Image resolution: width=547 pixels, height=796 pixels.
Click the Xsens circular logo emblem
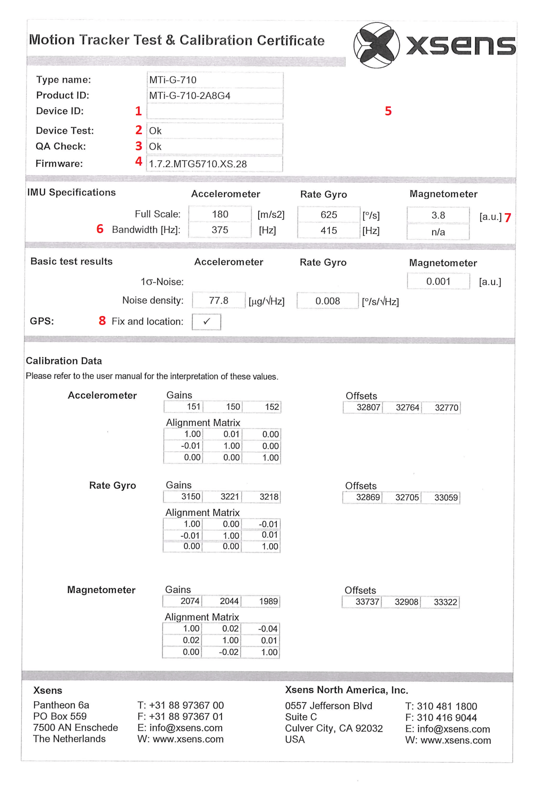pyautogui.click(x=376, y=45)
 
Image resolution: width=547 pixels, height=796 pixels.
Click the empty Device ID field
pyautogui.click(x=215, y=111)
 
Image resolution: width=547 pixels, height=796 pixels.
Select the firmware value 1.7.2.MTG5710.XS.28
pyautogui.click(x=198, y=164)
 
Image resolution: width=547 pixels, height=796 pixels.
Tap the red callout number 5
pyautogui.click(x=388, y=111)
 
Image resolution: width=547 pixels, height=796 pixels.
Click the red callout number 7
pyautogui.click(x=508, y=217)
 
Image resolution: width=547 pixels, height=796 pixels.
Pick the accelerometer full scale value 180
pyautogui.click(x=220, y=214)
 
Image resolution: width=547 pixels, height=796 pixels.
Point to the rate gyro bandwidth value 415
pyautogui.click(x=329, y=230)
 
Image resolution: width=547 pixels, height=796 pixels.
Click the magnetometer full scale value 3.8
pyautogui.click(x=438, y=215)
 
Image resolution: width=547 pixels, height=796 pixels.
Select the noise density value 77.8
pyautogui.click(x=218, y=301)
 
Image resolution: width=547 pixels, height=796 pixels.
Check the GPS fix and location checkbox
pyautogui.click(x=207, y=321)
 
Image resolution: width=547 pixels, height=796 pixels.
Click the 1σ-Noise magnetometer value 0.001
pyautogui.click(x=438, y=281)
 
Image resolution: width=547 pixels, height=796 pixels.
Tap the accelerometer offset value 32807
pyautogui.click(x=368, y=407)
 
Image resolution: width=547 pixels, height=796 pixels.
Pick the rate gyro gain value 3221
pyautogui.click(x=229, y=497)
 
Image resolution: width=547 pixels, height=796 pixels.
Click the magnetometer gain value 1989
pyautogui.click(x=268, y=601)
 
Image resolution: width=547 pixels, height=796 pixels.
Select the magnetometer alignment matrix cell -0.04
pyautogui.click(x=268, y=629)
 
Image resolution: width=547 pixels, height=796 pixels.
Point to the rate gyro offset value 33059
pyautogui.click(x=446, y=498)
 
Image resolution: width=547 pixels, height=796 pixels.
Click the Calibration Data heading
pyautogui.click(x=64, y=361)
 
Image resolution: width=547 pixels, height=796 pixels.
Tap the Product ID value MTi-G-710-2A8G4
pyautogui.click(x=190, y=96)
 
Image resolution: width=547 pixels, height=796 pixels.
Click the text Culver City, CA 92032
pyautogui.click(x=334, y=728)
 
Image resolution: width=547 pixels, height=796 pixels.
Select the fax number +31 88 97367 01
pyautogui.click(x=180, y=717)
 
